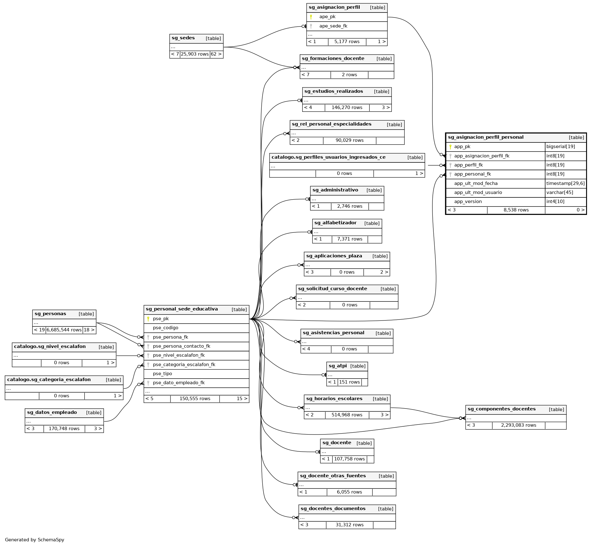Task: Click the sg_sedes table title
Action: [x=183, y=38]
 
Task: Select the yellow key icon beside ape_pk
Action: [x=311, y=17]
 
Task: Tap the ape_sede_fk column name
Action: [x=333, y=26]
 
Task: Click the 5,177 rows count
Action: [x=347, y=42]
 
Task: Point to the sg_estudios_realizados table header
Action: [x=333, y=92]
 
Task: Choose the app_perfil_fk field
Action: [x=468, y=165]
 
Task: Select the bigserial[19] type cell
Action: [x=560, y=147]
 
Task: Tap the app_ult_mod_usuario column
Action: [x=478, y=193]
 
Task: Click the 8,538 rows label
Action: [x=516, y=210]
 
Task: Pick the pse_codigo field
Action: [x=165, y=328]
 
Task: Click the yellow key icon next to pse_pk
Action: [x=148, y=319]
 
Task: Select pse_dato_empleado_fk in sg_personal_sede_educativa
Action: [x=179, y=383]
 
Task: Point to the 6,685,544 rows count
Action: [x=64, y=330]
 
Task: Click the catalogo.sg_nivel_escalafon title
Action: [x=50, y=347]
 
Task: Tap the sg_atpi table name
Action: [x=338, y=366]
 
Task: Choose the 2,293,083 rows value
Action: [x=518, y=425]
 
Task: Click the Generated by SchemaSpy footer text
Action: [x=34, y=540]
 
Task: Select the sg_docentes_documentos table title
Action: [x=333, y=509]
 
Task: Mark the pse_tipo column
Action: [x=162, y=374]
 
